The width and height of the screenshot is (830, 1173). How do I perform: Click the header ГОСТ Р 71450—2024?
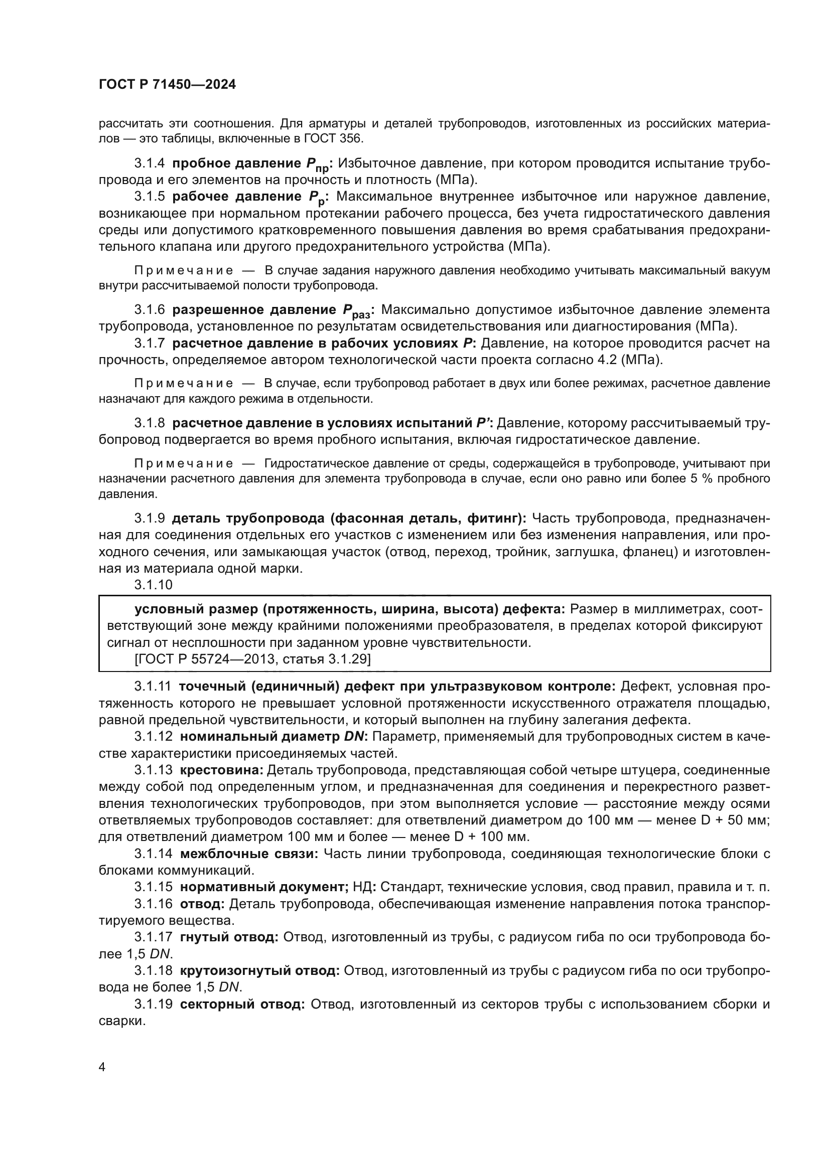(x=167, y=85)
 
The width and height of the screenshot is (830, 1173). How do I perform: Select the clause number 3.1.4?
(x=149, y=163)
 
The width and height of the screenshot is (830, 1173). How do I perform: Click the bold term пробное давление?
(x=236, y=163)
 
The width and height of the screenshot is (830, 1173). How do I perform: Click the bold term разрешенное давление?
(x=254, y=309)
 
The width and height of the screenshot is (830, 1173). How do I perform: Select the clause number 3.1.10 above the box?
(x=154, y=584)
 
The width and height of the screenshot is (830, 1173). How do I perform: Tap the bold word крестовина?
(x=222, y=770)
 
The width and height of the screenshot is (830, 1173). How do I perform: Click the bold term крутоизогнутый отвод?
(x=259, y=970)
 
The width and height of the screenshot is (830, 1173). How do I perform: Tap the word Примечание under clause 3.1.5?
(x=184, y=270)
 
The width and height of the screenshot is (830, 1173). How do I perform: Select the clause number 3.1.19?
(x=154, y=1003)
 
